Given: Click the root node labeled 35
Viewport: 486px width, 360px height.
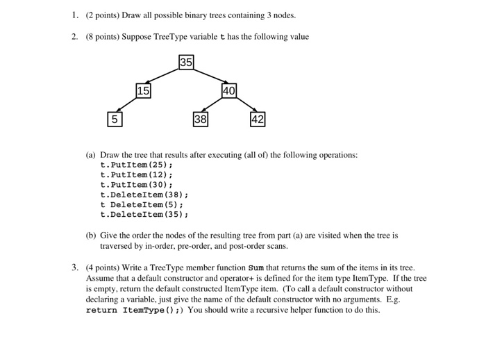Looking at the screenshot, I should click(185, 63).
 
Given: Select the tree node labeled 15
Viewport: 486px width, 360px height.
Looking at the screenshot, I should click(143, 90).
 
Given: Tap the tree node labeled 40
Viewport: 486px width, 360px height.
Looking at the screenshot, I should click(229, 90).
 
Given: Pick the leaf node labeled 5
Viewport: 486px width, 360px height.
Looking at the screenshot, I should click(115, 119).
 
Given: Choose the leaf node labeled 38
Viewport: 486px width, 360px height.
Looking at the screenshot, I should click(200, 119).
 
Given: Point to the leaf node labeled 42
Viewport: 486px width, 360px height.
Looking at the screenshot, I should click(258, 119).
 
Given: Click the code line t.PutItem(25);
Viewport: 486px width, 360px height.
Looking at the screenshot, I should click(136, 165).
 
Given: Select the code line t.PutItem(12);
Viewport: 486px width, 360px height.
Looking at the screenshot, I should click(136, 175).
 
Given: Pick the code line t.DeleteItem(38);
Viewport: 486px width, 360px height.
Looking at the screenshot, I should click(144, 195).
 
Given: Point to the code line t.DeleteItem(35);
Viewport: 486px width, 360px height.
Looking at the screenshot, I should click(144, 215).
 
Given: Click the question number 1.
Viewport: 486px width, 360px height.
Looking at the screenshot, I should click(74, 15).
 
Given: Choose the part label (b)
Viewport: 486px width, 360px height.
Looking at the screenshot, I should click(91, 236).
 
